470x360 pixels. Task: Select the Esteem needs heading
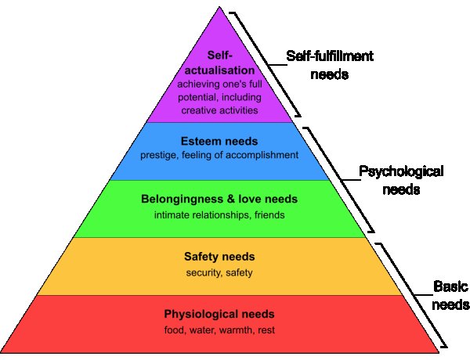(219, 143)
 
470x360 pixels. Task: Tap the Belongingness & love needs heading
(219, 200)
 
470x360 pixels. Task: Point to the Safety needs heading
(219, 257)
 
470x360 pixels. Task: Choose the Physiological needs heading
(219, 315)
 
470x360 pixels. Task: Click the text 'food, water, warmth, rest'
(219, 329)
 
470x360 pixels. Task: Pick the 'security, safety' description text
(219, 272)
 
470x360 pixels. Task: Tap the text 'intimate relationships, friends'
(219, 214)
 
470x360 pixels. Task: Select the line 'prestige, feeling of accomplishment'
(219, 155)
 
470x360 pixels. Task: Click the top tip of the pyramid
(219, 6)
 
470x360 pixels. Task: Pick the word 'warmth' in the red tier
(236, 329)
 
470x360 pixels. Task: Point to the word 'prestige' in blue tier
(158, 155)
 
